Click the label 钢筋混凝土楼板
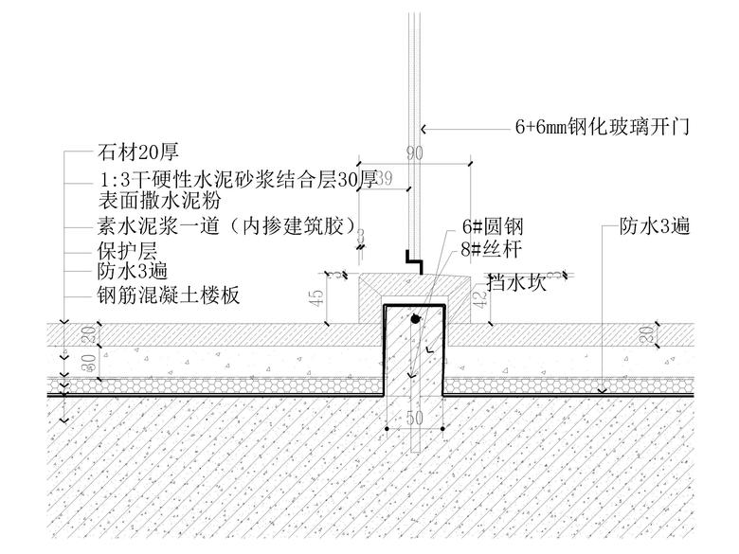(168, 295)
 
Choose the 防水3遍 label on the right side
(655, 226)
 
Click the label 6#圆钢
(493, 227)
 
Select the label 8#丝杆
(493, 250)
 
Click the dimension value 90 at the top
(414, 153)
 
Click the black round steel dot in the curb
(415, 322)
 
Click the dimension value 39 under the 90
(385, 179)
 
